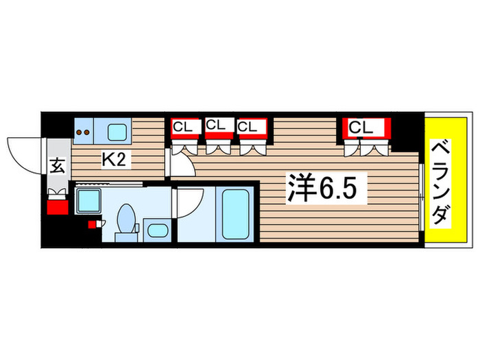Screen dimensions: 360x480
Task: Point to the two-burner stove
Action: click(84, 130)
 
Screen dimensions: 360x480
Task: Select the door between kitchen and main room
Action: click(180, 162)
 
